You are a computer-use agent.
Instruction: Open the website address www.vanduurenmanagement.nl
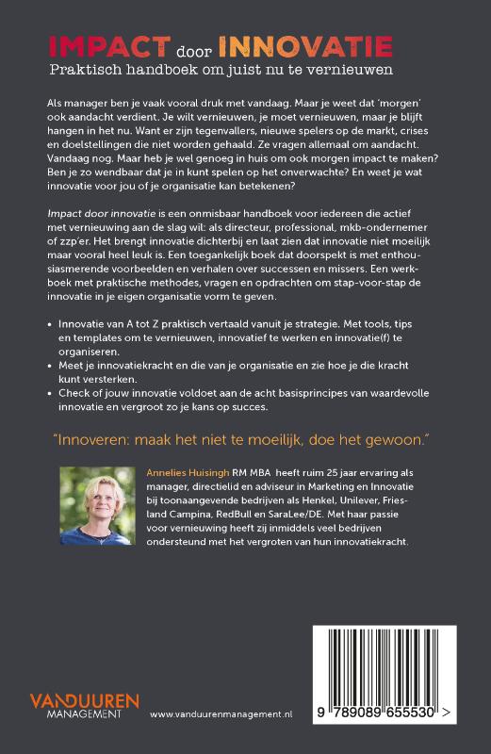[x=221, y=716]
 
